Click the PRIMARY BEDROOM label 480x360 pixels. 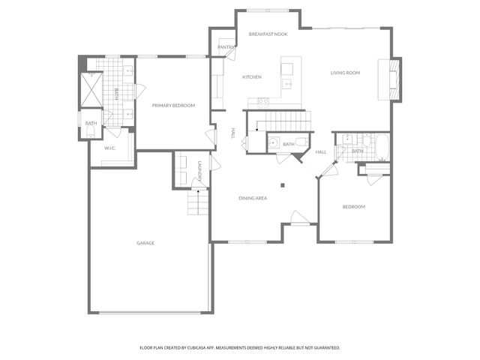173,106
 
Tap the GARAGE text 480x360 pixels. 145,243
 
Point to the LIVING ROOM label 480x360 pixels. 346,73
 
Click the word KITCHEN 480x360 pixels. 251,77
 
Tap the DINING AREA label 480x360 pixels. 253,198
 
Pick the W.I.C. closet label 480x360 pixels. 109,148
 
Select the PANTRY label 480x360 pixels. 226,47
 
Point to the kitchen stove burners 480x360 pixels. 263,100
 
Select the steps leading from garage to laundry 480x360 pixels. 196,202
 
